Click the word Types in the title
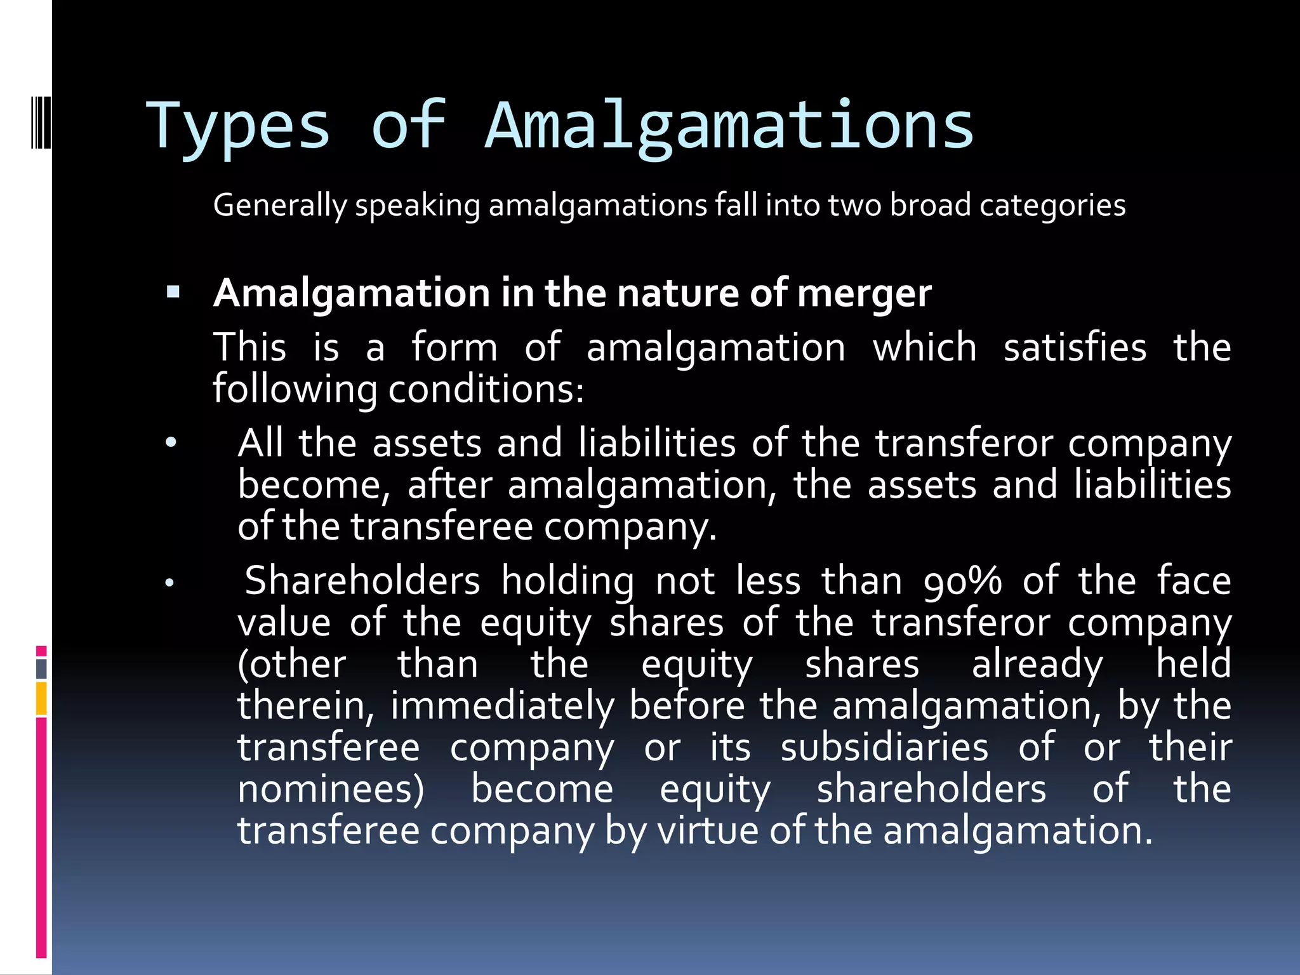[238, 127]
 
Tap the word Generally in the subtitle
[280, 206]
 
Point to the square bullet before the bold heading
[173, 293]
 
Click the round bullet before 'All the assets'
[171, 442]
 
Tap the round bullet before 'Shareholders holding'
[169, 582]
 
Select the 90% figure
[962, 581]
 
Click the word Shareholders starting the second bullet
[362, 581]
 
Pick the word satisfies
[1075, 348]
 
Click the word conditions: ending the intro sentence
[486, 389]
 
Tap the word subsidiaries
[884, 748]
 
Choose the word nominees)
[331, 790]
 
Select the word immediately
[502, 706]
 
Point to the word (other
[291, 665]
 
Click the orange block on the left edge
[41, 698]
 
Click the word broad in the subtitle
[930, 206]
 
